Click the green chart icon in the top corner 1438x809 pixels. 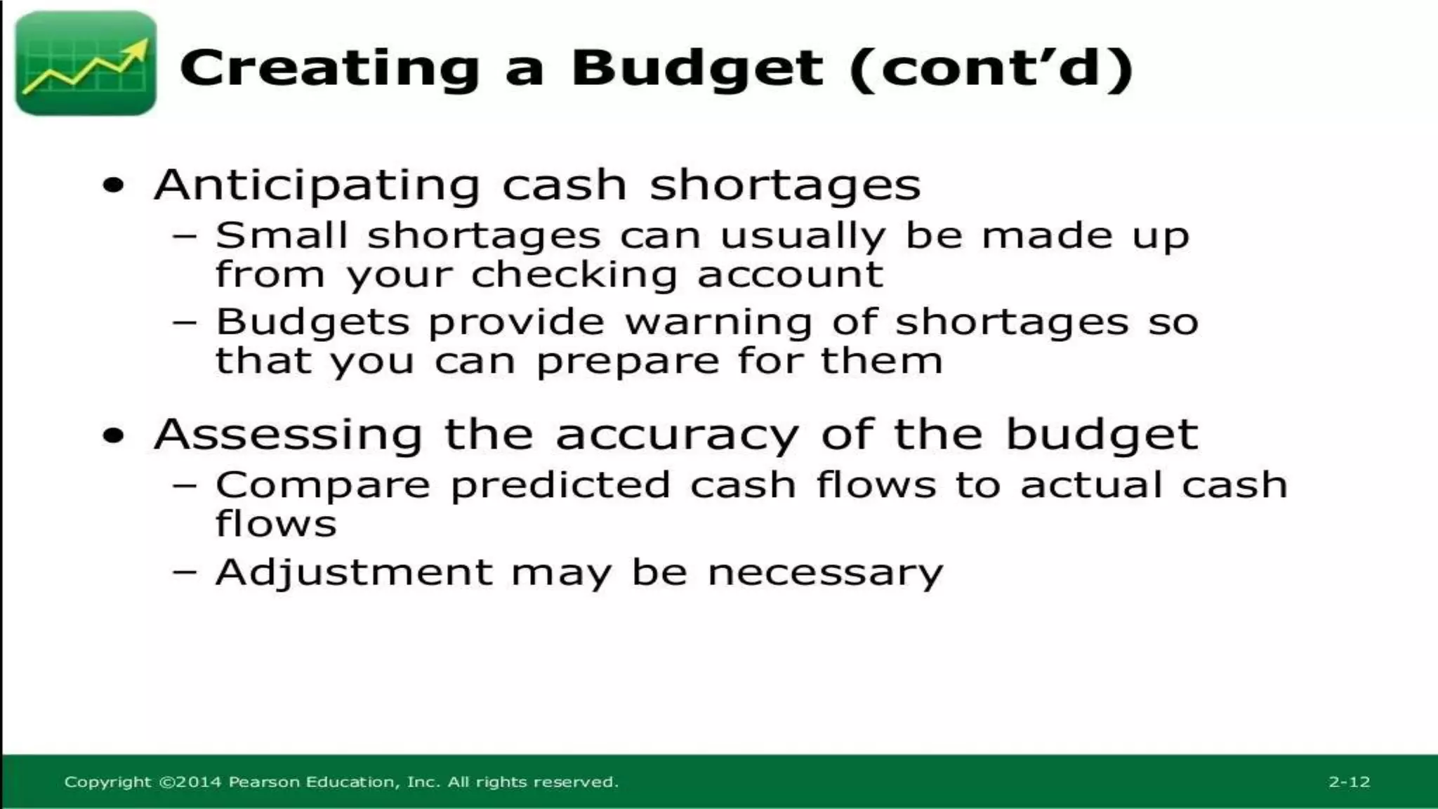click(86, 64)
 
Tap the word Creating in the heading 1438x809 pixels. click(329, 69)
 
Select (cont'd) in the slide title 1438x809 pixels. click(991, 69)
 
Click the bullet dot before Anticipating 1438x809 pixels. click(113, 186)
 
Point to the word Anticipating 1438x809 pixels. click(317, 185)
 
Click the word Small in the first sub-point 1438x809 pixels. click(282, 235)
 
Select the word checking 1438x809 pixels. click(574, 275)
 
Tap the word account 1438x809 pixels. click(790, 275)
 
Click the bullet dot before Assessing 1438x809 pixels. click(113, 436)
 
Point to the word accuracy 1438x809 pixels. click(677, 435)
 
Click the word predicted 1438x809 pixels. click(560, 485)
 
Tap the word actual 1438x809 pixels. click(1090, 485)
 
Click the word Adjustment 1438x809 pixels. click(354, 572)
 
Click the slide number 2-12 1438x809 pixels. click(1349, 782)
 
